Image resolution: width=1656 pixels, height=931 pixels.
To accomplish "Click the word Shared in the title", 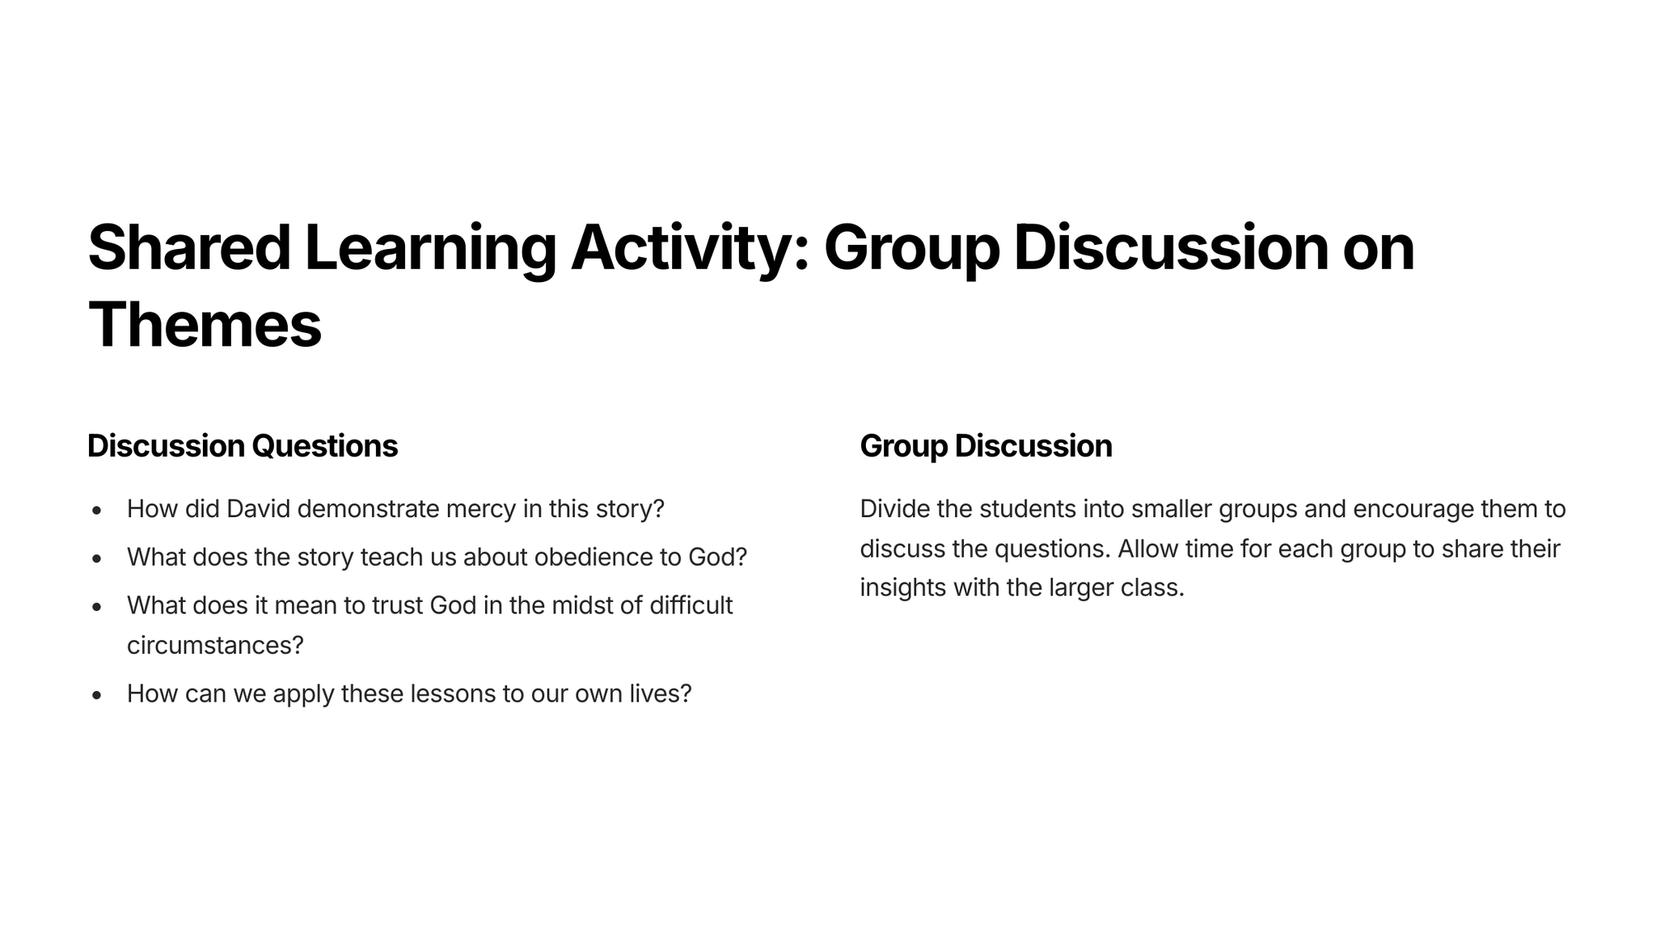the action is (x=189, y=247).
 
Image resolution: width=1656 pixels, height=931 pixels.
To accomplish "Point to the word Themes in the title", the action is (x=205, y=325).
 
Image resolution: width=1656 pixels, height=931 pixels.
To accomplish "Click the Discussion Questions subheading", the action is (x=243, y=446).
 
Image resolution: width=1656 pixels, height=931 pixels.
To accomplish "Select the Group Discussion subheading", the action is (x=986, y=447).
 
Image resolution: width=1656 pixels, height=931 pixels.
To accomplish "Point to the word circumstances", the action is (x=214, y=646).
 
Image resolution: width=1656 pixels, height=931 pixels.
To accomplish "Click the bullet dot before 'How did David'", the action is (x=97, y=511).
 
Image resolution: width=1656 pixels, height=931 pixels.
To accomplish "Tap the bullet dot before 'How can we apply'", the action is (x=97, y=695).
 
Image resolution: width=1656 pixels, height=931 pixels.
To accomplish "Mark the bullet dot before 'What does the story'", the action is (x=97, y=558).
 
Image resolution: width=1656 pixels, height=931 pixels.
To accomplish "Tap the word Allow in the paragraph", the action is (x=1148, y=549).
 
